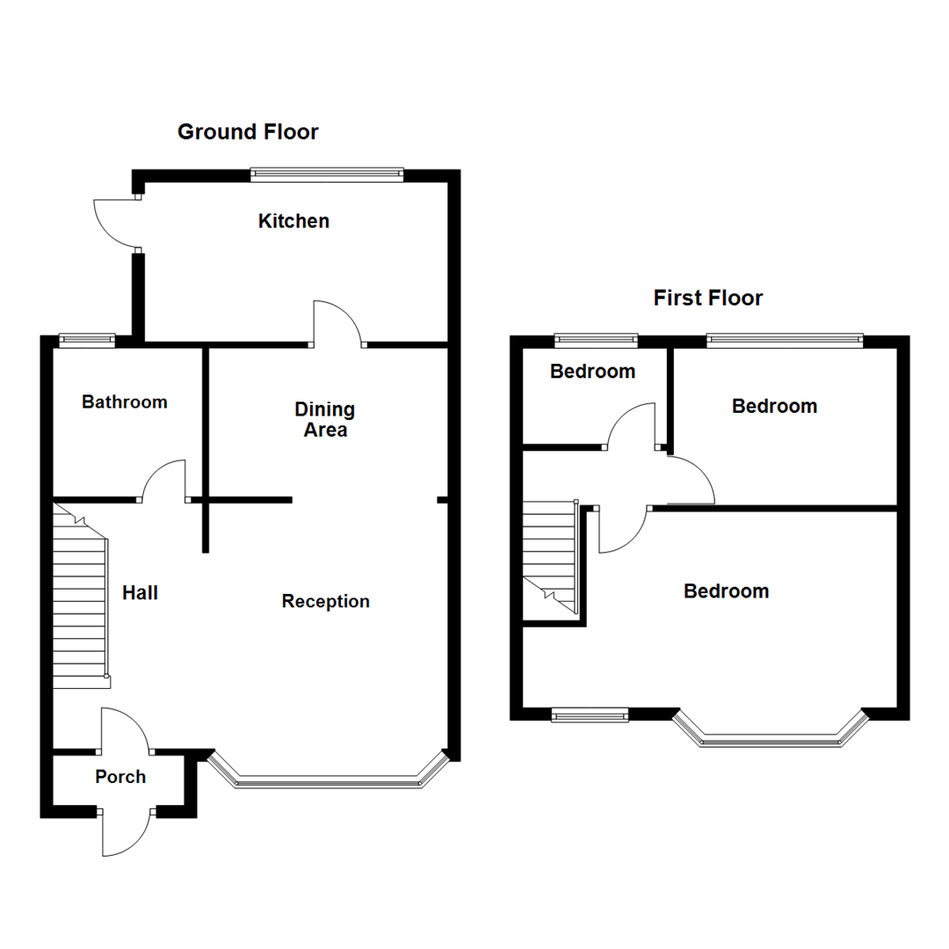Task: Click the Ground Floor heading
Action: point(248,133)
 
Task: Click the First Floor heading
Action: point(707,299)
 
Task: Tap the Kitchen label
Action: point(293,221)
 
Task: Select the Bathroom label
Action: point(124,402)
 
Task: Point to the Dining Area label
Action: point(324,420)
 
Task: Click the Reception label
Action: point(325,602)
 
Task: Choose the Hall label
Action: point(140,593)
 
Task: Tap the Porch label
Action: point(120,777)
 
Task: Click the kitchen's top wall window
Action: point(327,175)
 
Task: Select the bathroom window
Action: point(87,338)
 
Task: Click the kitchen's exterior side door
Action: point(114,223)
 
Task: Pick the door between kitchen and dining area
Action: point(337,323)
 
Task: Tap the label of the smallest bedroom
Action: point(592,372)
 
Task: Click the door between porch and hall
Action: point(125,729)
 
